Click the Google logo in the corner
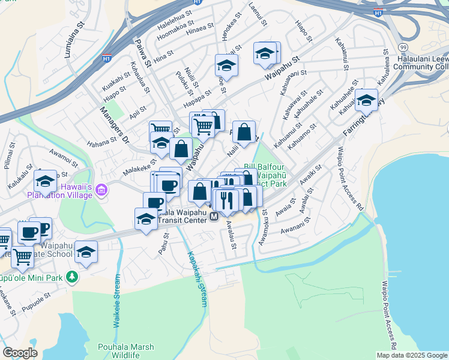tap(20, 353)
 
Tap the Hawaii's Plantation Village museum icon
tap(101, 190)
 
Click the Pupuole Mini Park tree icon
tap(72, 277)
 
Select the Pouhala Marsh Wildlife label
tap(126, 352)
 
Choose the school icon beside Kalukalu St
tap(45, 181)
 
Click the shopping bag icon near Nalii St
tap(244, 133)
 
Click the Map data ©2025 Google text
tap(412, 355)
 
